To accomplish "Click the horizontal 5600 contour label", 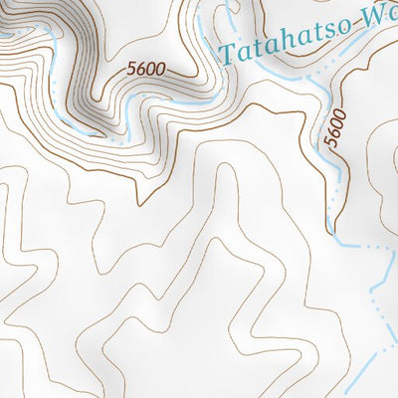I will pyautogui.click(x=145, y=70).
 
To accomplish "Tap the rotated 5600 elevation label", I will pyautogui.click(x=335, y=128).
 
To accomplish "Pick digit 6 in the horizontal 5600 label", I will pyautogui.click(x=141, y=70).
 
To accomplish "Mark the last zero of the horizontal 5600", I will pyautogui.click(x=159, y=69).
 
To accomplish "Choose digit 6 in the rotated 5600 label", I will pyautogui.click(x=335, y=133).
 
